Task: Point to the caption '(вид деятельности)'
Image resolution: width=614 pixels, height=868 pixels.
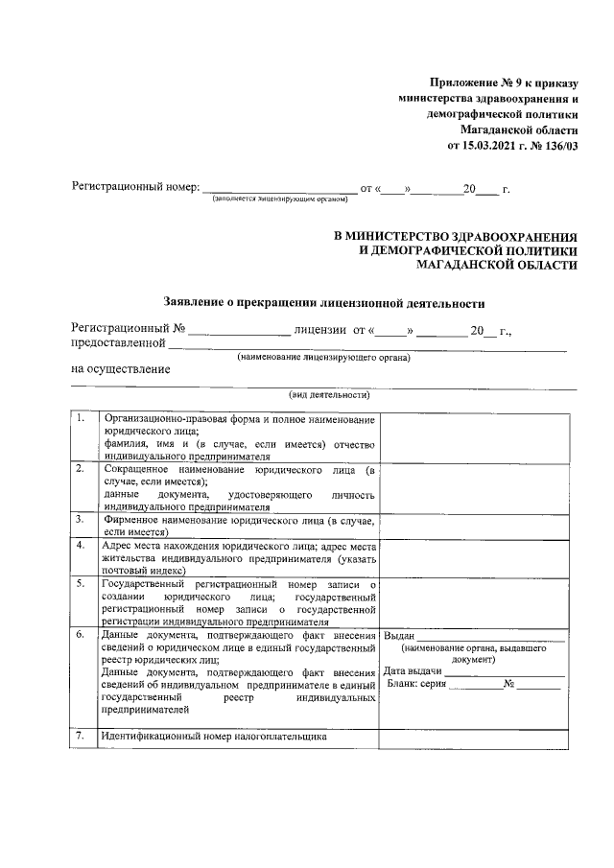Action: [323, 395]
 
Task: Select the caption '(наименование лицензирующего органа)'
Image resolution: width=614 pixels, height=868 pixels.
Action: [323, 358]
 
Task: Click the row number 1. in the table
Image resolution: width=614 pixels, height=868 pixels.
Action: [83, 420]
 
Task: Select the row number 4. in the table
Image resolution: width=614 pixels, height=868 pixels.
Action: [83, 545]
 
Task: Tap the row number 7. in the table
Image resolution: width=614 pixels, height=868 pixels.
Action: [83, 737]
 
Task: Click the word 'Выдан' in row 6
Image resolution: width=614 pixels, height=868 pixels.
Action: [398, 636]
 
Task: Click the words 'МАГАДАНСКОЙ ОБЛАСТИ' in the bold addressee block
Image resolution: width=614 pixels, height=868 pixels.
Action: [507, 266]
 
